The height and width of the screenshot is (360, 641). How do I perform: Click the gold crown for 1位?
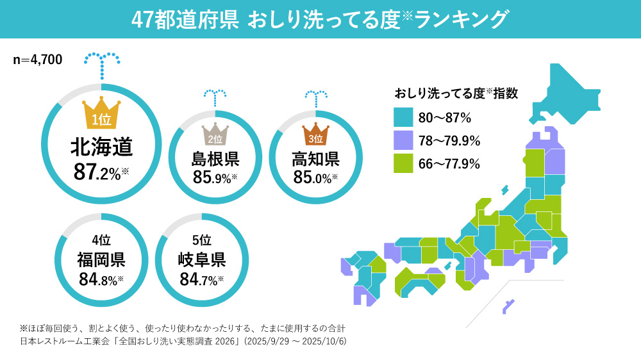point(101,114)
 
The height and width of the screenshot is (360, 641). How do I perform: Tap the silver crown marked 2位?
point(215,135)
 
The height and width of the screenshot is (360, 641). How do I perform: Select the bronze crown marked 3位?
point(315,135)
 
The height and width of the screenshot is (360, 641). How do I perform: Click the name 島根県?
point(215,158)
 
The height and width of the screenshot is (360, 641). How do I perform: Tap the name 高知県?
point(315,158)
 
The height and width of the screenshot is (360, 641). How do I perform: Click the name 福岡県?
point(101,259)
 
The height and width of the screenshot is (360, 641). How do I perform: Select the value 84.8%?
point(100,279)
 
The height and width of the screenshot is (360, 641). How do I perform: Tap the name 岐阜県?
point(201,259)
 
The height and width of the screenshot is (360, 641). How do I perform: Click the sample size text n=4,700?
point(38,60)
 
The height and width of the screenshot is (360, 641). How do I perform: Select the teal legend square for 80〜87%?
point(403,117)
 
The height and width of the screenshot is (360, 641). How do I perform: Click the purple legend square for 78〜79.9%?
point(403,140)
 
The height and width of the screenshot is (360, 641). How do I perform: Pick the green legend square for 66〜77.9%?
point(403,163)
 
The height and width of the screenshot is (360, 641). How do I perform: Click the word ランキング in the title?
point(461,19)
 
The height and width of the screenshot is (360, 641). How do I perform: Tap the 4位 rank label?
point(101,240)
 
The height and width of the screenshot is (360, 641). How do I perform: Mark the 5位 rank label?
point(201,240)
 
